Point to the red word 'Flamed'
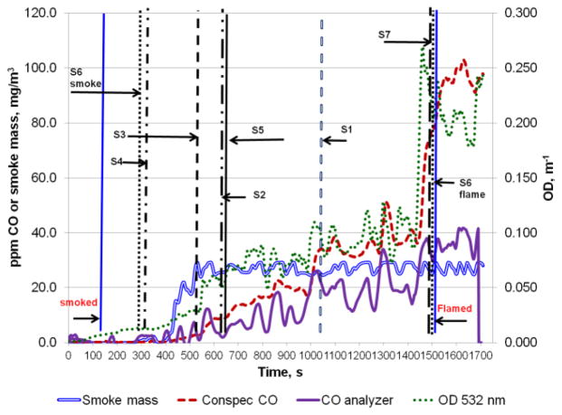coord(452,308)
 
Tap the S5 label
coord(258,130)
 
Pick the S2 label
coord(259,195)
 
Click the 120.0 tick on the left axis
coord(43,14)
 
